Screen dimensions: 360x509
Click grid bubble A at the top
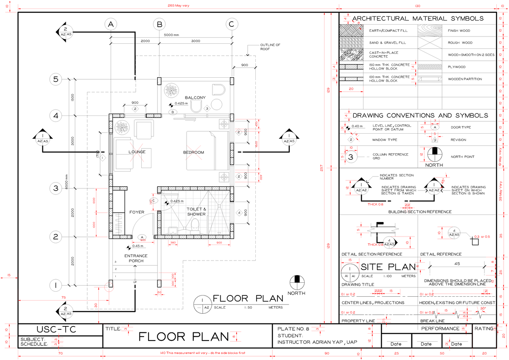tap(111, 24)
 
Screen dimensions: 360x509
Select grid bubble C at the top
tap(231, 24)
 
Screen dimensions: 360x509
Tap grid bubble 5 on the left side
tap(56, 79)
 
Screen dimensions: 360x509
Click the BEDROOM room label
tap(193, 152)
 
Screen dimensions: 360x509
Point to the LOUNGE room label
tap(137, 152)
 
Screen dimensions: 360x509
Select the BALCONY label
tap(195, 98)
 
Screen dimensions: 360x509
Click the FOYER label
tap(137, 212)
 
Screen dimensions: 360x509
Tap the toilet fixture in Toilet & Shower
tap(195, 225)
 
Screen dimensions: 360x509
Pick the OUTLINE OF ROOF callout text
tap(270, 47)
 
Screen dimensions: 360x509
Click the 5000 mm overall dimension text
tap(171, 35)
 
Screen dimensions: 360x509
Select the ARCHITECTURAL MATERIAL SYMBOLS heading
tap(418, 19)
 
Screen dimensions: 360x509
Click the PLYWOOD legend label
tap(457, 67)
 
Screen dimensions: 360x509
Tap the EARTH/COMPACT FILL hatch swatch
tap(351, 31)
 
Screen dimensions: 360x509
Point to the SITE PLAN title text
tap(388, 267)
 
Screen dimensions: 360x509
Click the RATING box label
tap(484, 329)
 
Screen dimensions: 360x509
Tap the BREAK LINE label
tap(432, 321)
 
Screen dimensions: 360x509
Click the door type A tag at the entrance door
tap(142, 237)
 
